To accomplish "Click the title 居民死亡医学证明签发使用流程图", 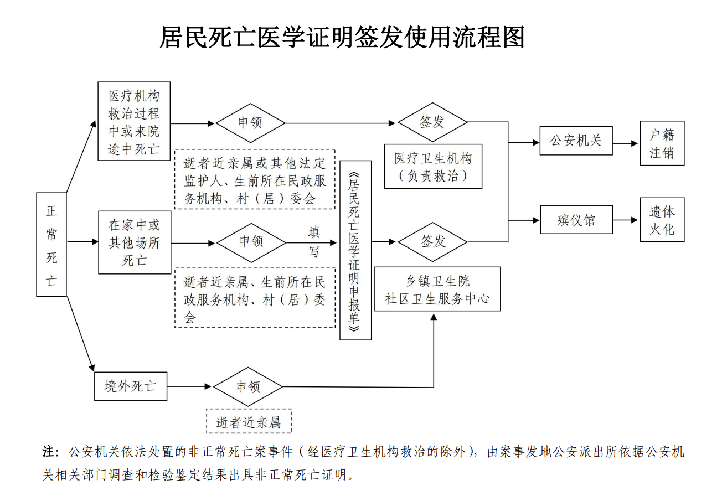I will pyautogui.click(x=342, y=38).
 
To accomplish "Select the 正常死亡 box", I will pyautogui.click(x=51, y=244).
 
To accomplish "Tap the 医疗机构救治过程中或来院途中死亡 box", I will pyautogui.click(x=134, y=121).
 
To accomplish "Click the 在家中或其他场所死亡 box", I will pyautogui.click(x=135, y=242).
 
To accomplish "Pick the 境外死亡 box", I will pyautogui.click(x=131, y=386).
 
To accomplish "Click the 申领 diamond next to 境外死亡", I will pyautogui.click(x=248, y=386).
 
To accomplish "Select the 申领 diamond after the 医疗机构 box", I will pyautogui.click(x=250, y=122).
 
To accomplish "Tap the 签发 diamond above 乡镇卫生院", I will pyautogui.click(x=432, y=241).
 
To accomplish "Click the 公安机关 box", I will pyautogui.click(x=576, y=141).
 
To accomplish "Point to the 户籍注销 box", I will pyautogui.click(x=662, y=143).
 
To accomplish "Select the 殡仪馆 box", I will pyautogui.click(x=576, y=220).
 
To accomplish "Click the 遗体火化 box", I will pyautogui.click(x=662, y=220).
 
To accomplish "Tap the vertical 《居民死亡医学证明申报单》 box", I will pyautogui.click(x=355, y=250).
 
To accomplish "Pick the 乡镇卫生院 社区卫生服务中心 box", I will pyautogui.click(x=437, y=289).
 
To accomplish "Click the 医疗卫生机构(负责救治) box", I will pyautogui.click(x=433, y=166).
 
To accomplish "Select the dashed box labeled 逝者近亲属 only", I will pyautogui.click(x=249, y=422).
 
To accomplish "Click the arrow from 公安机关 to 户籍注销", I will pyautogui.click(x=626, y=143).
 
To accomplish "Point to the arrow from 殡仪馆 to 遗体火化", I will pyautogui.click(x=626, y=220).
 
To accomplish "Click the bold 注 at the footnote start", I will pyautogui.click(x=48, y=452).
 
